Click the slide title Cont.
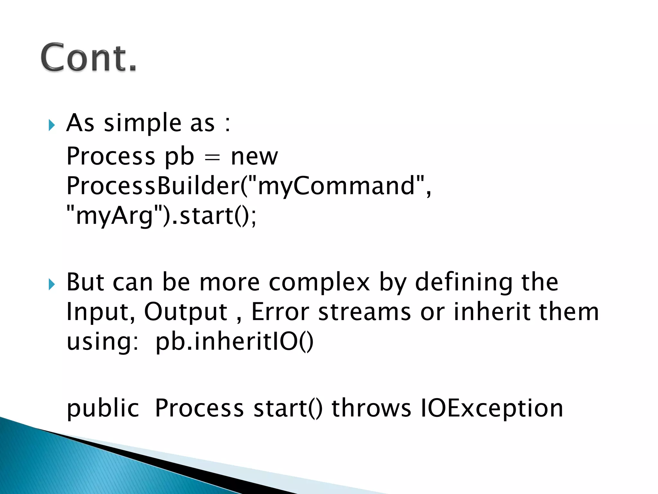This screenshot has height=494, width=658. (x=89, y=57)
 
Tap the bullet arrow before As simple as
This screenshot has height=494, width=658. (x=52, y=125)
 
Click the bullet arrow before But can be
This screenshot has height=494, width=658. (x=52, y=284)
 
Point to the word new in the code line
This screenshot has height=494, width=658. (x=254, y=157)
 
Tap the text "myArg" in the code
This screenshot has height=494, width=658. (x=114, y=216)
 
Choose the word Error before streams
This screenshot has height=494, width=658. (x=280, y=312)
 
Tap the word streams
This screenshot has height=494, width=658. (x=364, y=312)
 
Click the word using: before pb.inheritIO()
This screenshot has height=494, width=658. (x=102, y=342)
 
